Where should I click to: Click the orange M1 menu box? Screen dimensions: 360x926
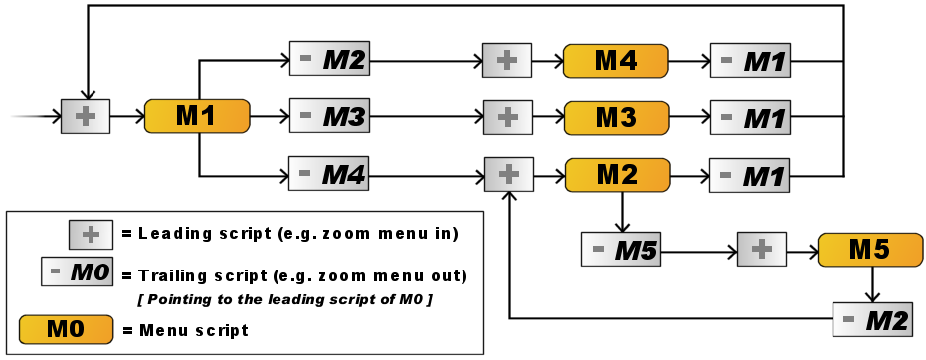(196, 116)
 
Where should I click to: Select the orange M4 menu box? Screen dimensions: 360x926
(615, 60)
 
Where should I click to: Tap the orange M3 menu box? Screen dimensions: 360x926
(615, 116)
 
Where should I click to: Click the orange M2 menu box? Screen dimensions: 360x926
(615, 174)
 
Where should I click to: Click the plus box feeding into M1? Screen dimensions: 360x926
(86, 116)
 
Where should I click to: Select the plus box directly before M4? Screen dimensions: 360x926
(507, 60)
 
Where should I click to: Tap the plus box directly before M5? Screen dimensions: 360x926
(761, 249)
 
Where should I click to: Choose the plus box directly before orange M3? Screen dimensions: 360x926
(507, 116)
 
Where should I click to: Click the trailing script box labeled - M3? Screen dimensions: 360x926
(328, 116)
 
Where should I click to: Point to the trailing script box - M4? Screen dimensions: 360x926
(328, 174)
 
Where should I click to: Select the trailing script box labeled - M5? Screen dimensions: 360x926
(621, 249)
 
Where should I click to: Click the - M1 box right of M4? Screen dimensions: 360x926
(750, 60)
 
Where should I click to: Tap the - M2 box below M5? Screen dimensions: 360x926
(872, 319)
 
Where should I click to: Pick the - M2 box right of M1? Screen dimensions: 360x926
(328, 60)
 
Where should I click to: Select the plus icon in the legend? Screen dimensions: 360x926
(92, 234)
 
